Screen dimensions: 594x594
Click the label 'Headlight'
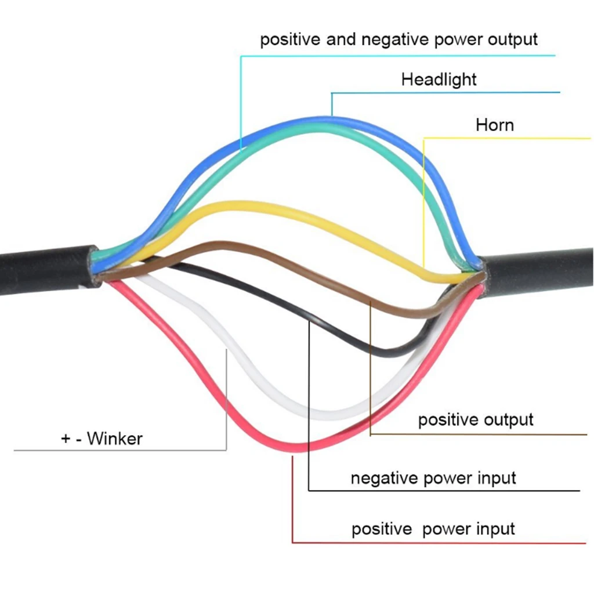439,80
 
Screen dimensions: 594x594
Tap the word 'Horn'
495,125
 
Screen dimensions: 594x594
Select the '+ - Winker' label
102,439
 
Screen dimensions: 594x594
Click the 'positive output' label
476,420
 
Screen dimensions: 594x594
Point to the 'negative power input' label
433,478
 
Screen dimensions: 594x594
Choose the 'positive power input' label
433,529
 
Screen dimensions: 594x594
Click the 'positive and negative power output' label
399,40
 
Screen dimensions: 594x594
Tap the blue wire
326,119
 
